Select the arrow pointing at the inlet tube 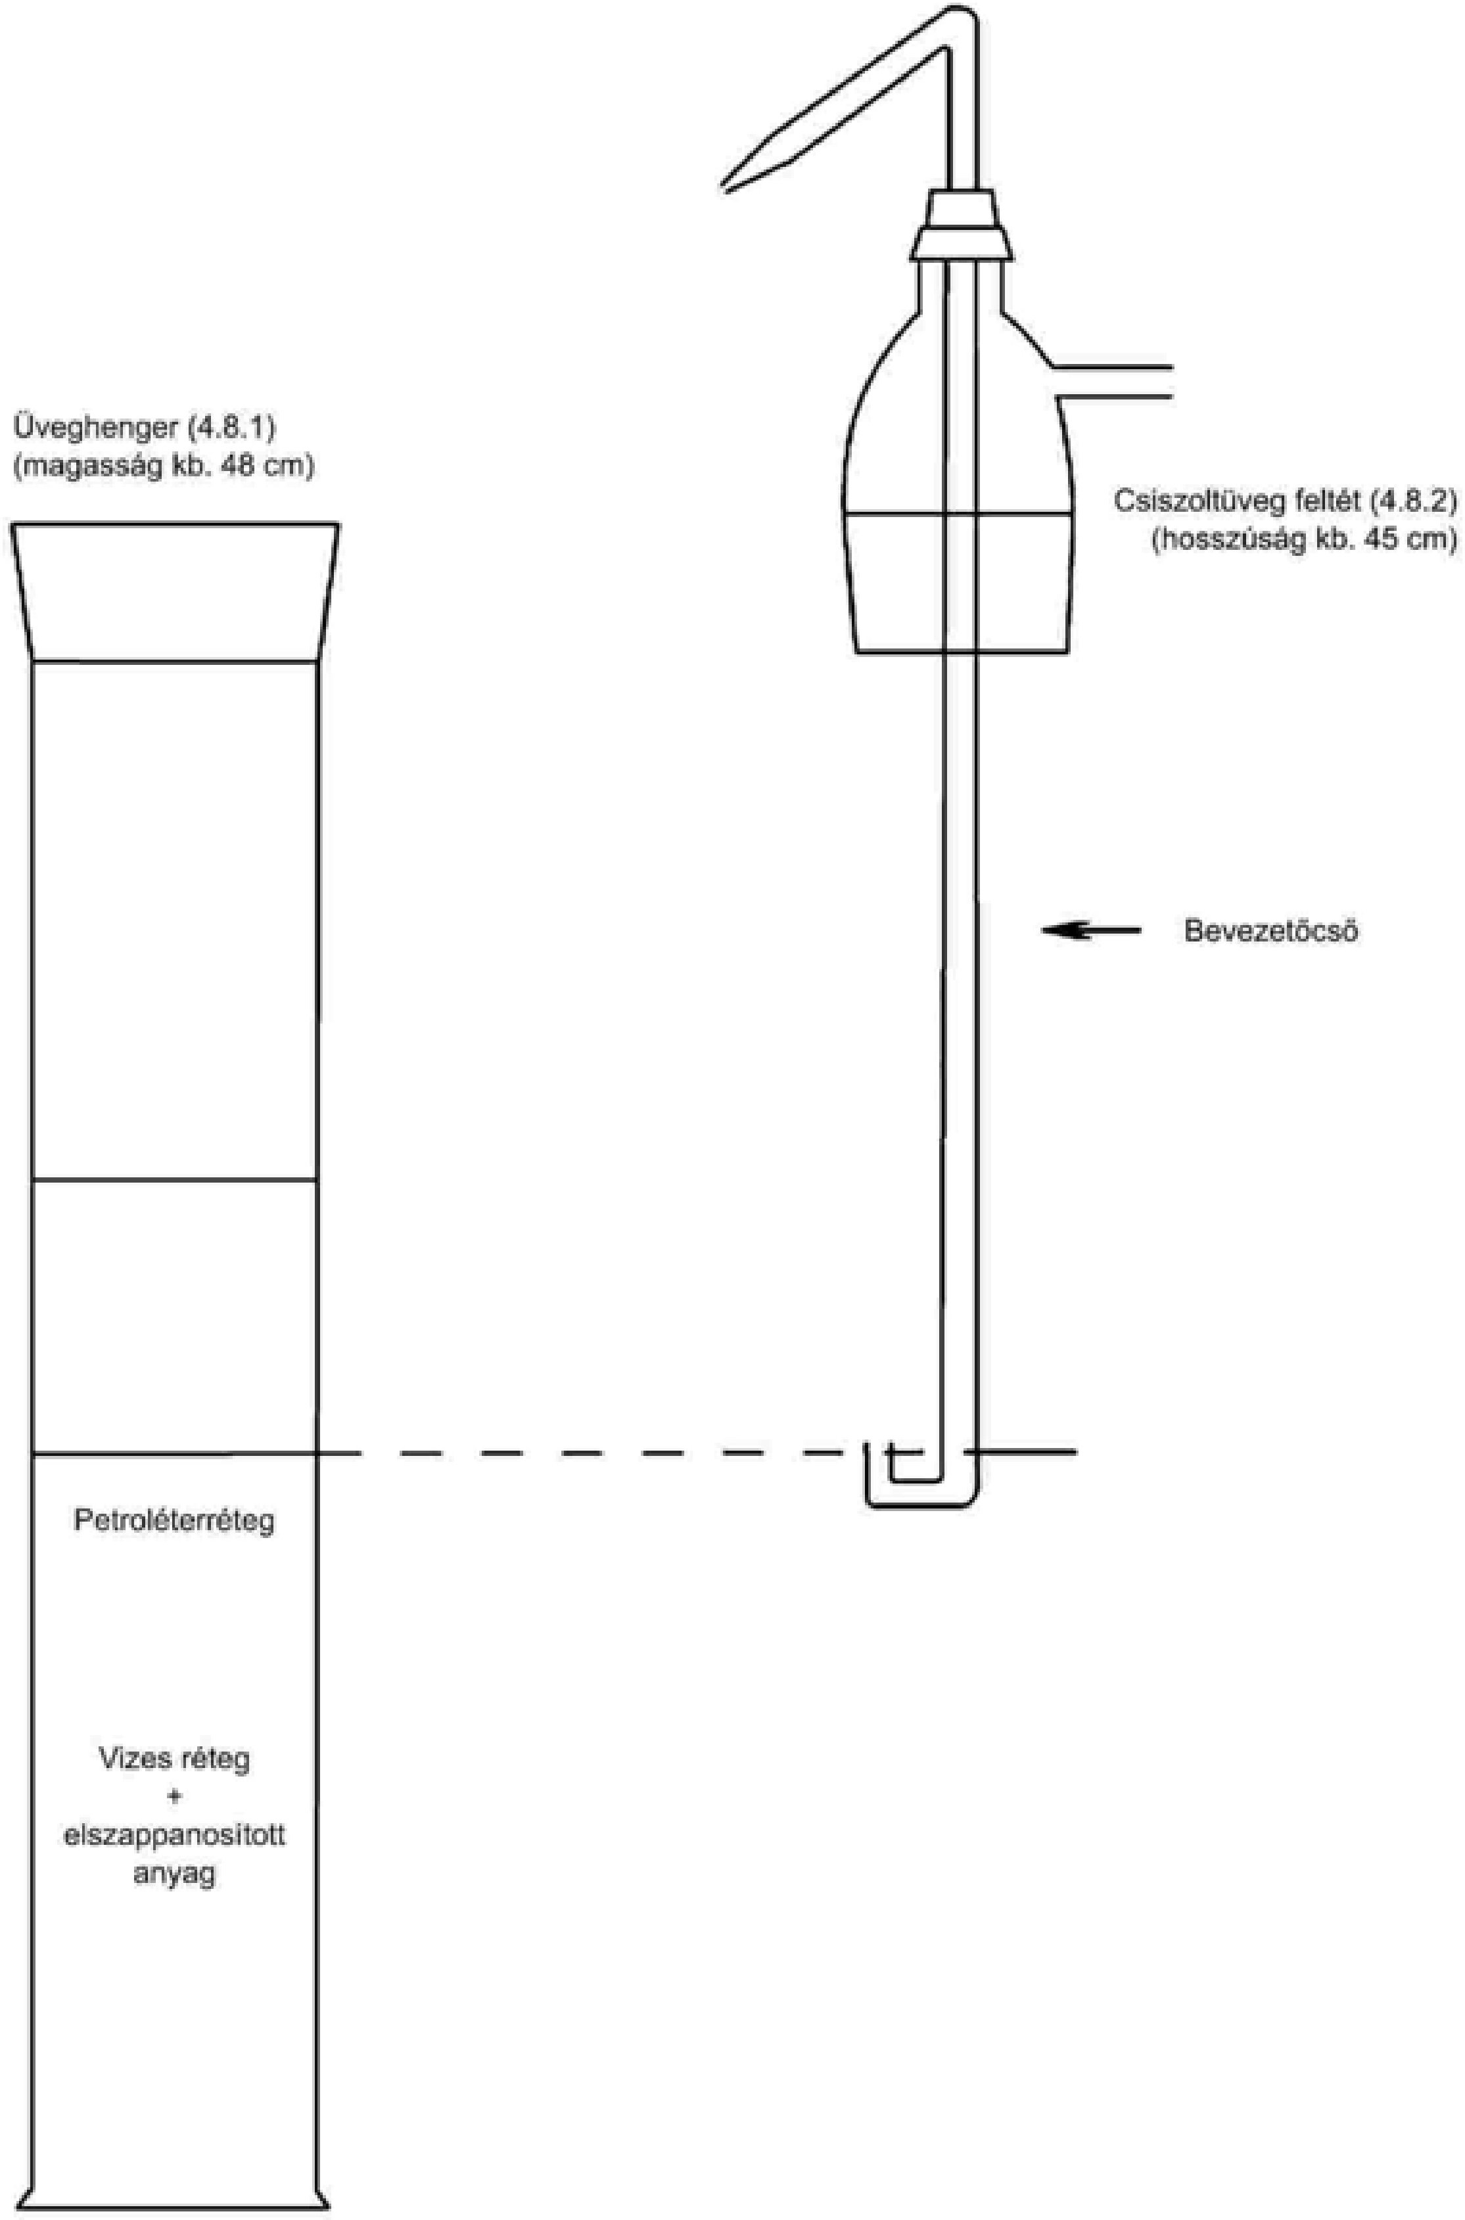[1091, 930]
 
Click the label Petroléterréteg [175, 1522]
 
